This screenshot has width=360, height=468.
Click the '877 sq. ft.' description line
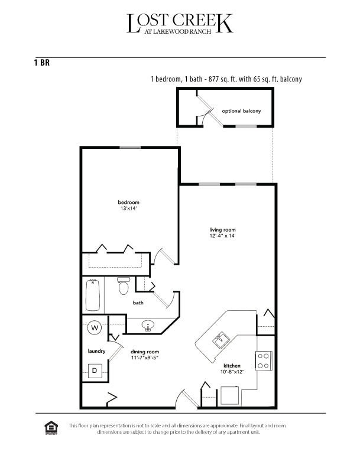(x=226, y=79)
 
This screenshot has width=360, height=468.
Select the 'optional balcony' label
(x=241, y=110)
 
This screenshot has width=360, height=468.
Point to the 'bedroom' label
(x=128, y=203)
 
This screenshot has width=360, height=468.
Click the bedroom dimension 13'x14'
(x=128, y=209)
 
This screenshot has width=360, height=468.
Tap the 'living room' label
(x=222, y=229)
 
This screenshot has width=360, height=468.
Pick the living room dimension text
(x=222, y=236)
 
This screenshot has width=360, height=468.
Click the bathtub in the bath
(x=93, y=295)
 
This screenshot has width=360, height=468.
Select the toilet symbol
(x=124, y=287)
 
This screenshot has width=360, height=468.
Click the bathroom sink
(x=148, y=324)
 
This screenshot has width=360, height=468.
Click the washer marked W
(x=95, y=327)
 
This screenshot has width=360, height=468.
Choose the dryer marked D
(x=95, y=370)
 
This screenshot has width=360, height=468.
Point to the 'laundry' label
(x=96, y=351)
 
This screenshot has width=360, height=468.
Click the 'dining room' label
(x=144, y=351)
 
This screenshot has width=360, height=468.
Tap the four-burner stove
(x=263, y=360)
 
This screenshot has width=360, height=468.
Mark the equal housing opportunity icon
(x=50, y=427)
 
